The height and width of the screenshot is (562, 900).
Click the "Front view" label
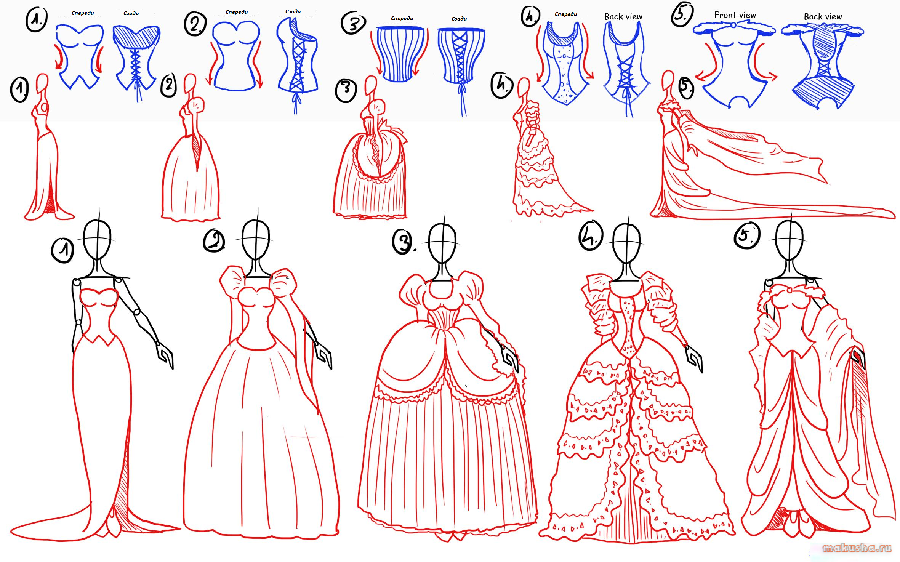coord(735,15)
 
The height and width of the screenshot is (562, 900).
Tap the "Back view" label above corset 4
coord(623,17)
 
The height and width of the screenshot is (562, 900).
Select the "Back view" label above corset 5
coord(823,17)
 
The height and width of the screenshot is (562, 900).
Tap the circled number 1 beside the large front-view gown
coord(62,250)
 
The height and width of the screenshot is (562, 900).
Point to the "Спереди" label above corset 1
coord(83,13)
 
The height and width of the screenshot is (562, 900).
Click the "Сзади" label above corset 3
coord(459,19)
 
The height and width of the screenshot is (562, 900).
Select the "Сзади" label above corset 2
coord(293,12)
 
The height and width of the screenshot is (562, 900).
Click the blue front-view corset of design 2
coord(236,56)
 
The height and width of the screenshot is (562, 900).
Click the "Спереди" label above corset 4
coord(566,14)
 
